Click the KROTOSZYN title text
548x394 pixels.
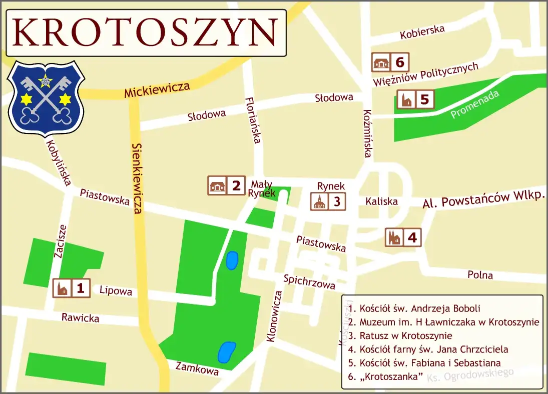click(x=146, y=32)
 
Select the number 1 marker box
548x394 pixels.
click(x=72, y=288)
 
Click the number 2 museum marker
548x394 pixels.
click(x=226, y=185)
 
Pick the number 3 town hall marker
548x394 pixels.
click(x=328, y=201)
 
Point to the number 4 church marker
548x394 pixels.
click(x=403, y=237)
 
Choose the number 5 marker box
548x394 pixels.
click(x=415, y=99)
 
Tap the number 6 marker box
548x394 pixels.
click(x=390, y=62)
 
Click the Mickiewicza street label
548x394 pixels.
click(x=157, y=90)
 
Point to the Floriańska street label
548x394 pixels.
click(x=252, y=120)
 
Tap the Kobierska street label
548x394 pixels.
click(x=422, y=32)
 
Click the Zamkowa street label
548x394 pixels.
click(x=197, y=368)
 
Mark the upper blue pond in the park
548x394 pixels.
click(x=231, y=260)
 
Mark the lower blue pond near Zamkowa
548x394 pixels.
click(x=226, y=351)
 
